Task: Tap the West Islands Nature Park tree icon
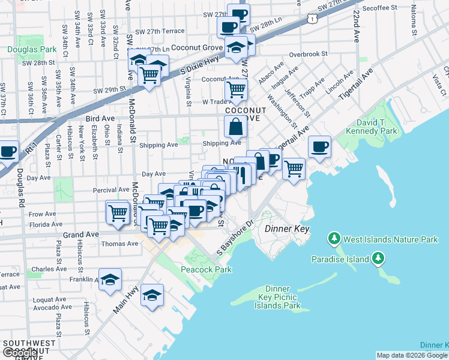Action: pyautogui.click(x=334, y=239)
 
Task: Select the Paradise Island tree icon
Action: pyautogui.click(x=378, y=259)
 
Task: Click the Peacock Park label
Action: pyautogui.click(x=206, y=269)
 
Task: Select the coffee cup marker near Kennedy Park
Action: pyautogui.click(x=319, y=146)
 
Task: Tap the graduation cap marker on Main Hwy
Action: pyautogui.click(x=152, y=294)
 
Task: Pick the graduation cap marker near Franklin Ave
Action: pyautogui.click(x=110, y=280)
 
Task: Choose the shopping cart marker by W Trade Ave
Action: pyautogui.click(x=236, y=89)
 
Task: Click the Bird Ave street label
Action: pyautogui.click(x=100, y=119)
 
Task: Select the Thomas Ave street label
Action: pyautogui.click(x=119, y=244)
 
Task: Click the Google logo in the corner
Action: pyautogui.click(x=19, y=353)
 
